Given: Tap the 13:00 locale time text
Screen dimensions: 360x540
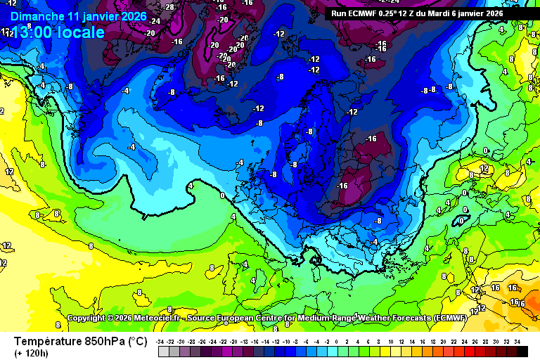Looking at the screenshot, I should tap(58, 32).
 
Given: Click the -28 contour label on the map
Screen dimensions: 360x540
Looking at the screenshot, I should tap(169, 7).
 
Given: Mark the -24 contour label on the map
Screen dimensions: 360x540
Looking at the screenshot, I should tap(155, 21).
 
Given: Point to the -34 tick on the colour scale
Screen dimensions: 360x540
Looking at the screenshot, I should tap(162, 342).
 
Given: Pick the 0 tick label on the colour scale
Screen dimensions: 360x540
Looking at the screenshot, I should tap(336, 342).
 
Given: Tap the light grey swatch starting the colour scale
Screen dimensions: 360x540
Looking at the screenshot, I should tap(163, 351).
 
